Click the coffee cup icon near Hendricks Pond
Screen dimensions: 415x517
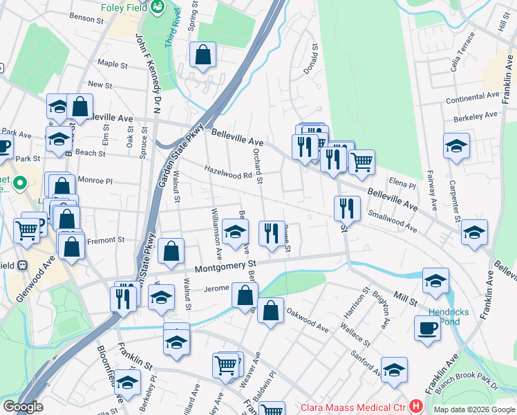tap(427, 327)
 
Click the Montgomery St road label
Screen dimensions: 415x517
tap(225, 266)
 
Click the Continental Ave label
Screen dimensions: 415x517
tap(473, 98)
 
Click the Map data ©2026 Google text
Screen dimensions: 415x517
tap(473, 409)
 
